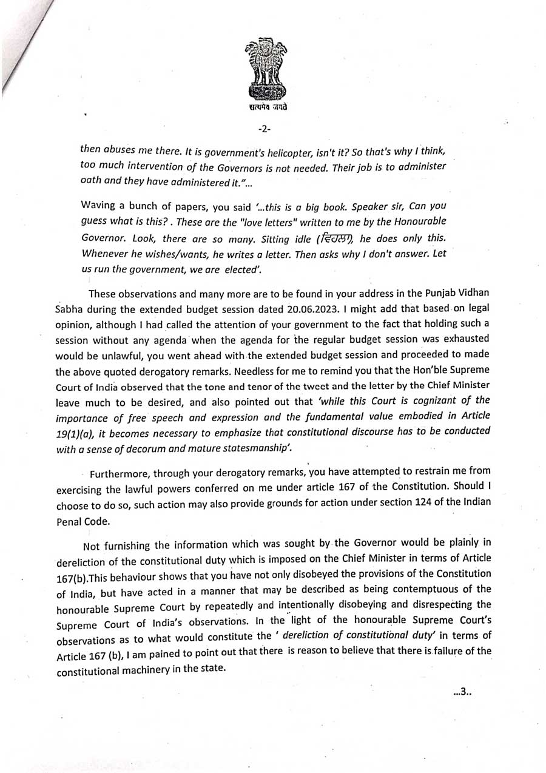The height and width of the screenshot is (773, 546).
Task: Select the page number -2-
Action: (x=265, y=129)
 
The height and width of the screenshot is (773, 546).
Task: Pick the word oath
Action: (x=91, y=180)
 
